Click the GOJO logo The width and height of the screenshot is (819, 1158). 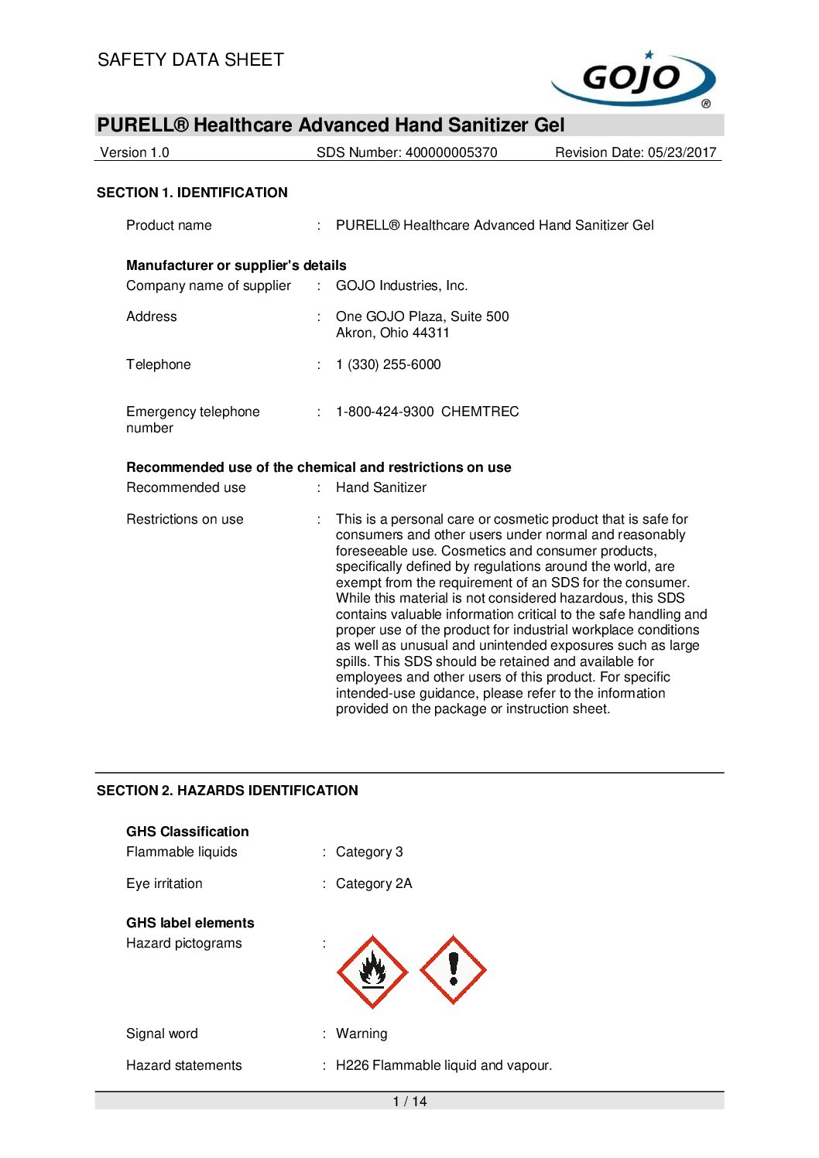[x=633, y=79]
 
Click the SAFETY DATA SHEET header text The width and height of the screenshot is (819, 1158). [x=190, y=60]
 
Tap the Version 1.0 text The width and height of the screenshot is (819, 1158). [x=135, y=152]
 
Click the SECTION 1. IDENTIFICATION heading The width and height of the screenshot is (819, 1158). [x=192, y=193]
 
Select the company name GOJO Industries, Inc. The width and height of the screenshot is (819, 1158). [x=402, y=285]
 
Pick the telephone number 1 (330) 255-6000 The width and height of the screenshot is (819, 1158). [x=389, y=364]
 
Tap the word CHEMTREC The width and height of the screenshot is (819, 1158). [x=480, y=412]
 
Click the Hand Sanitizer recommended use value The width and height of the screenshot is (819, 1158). [x=381, y=487]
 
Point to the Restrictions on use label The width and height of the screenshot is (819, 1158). [x=185, y=519]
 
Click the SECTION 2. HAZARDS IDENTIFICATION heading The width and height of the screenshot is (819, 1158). [x=228, y=791]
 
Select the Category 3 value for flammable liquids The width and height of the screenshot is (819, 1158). [x=369, y=852]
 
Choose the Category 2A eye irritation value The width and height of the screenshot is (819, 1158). [x=374, y=883]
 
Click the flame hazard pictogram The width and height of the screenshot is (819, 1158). [x=372, y=972]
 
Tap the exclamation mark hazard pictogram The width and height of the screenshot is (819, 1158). [x=453, y=970]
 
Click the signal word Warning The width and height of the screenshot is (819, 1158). [x=362, y=1033]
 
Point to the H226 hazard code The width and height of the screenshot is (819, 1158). [x=352, y=1065]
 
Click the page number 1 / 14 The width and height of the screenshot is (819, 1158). [x=409, y=1102]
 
